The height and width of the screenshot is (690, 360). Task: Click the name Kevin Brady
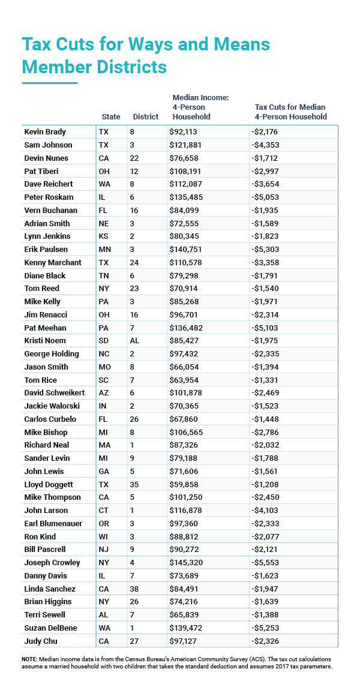point(44,131)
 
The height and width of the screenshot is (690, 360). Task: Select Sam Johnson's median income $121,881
point(189,145)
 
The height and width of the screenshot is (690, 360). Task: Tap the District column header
point(145,117)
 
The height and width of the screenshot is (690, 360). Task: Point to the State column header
point(110,117)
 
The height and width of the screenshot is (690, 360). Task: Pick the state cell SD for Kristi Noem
point(104,340)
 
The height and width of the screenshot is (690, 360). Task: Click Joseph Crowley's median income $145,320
point(189,563)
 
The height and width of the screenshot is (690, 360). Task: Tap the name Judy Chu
point(40,641)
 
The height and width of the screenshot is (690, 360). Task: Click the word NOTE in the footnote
point(30,658)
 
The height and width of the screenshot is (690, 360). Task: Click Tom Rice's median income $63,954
point(187,380)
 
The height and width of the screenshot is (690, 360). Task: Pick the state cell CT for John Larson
point(104,510)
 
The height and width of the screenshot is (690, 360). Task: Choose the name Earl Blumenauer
point(53,523)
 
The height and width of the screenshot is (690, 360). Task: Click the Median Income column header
point(200,107)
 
